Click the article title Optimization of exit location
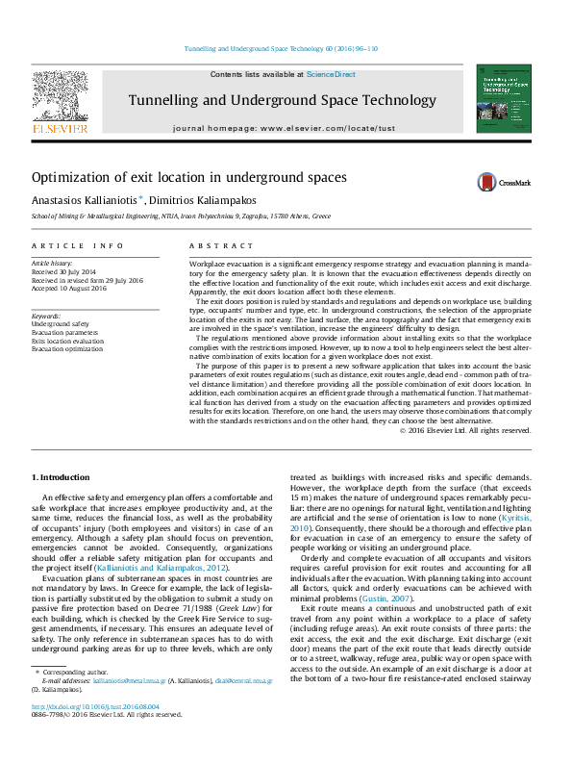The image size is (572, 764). click(x=175, y=177)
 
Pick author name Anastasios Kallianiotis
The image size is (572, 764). click(x=85, y=199)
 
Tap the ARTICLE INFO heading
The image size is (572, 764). click(x=78, y=247)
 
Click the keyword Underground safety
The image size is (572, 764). click(x=61, y=324)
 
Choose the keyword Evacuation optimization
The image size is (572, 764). click(x=67, y=348)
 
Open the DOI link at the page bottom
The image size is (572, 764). click(x=97, y=733)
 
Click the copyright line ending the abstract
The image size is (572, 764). click(x=464, y=430)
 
